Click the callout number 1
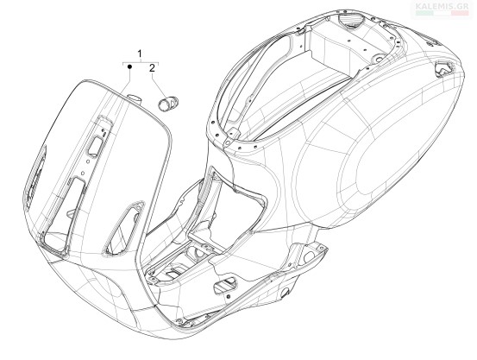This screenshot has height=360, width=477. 140,54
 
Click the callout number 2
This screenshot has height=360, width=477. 152,68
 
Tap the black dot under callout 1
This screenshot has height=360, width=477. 129,66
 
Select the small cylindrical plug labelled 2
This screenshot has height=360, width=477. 168,103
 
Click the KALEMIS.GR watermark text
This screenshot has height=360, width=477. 442,6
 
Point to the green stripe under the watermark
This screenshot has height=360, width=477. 424,13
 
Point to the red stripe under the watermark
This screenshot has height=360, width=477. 460,13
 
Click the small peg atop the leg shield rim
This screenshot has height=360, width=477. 135,98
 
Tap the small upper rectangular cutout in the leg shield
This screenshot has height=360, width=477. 95,145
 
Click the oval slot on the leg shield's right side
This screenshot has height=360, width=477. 124,228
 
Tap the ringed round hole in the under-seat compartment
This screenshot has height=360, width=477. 379,58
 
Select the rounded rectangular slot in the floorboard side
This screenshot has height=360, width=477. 225,284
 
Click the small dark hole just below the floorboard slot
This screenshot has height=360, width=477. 229,295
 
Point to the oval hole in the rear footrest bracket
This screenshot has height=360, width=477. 308,257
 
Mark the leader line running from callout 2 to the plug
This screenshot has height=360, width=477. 159,85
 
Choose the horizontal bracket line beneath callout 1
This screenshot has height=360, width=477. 141,62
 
